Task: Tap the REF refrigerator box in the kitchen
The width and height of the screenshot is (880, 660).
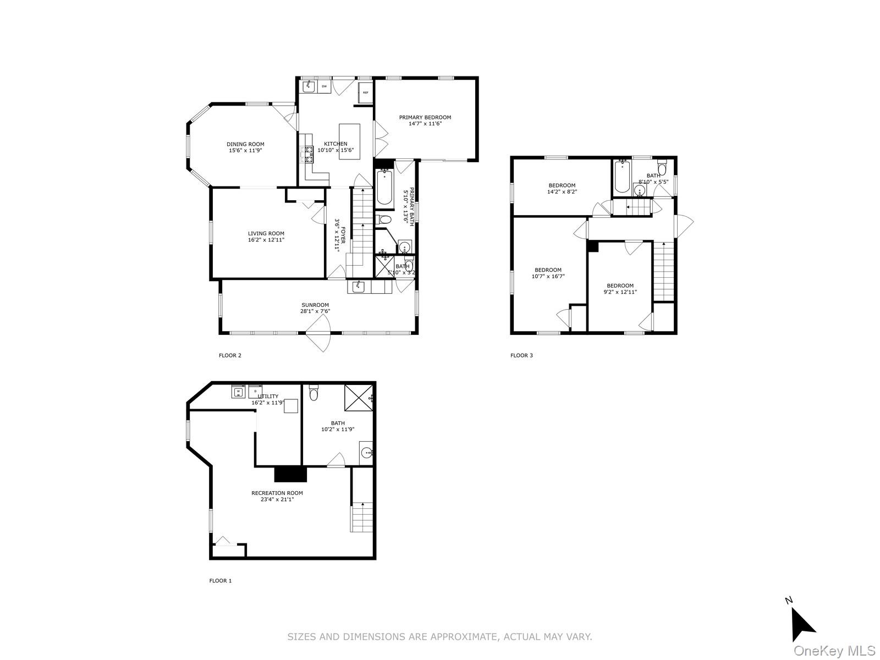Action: click(365, 93)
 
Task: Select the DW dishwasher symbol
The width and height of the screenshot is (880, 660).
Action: click(324, 86)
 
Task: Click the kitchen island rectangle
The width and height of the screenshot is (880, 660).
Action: click(349, 141)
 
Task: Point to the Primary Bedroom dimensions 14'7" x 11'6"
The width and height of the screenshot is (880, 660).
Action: click(425, 124)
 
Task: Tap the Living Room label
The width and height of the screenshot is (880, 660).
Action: click(266, 233)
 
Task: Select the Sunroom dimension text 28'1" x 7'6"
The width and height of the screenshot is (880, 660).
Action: click(315, 311)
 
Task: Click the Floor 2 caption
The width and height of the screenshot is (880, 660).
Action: click(230, 355)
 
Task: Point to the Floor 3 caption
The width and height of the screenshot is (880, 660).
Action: click(521, 355)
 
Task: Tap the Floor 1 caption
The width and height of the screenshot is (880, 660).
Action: click(221, 580)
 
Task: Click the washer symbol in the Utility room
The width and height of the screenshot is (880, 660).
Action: click(238, 392)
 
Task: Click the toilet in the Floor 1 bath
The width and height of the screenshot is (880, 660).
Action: click(314, 393)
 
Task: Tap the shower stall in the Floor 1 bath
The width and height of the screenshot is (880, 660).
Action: click(358, 398)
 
